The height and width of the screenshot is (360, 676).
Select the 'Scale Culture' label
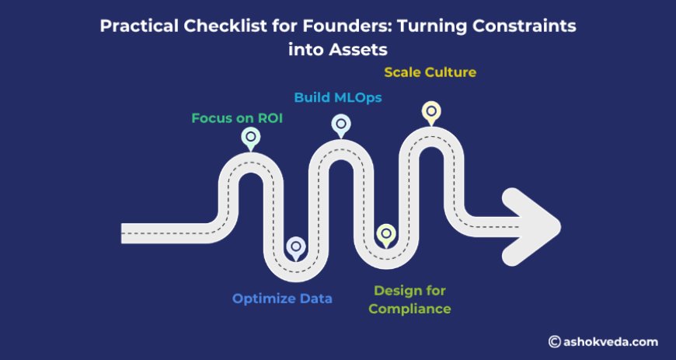(x=430, y=72)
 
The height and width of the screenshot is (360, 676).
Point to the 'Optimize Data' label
(x=282, y=298)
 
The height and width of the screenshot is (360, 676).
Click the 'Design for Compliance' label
(x=409, y=299)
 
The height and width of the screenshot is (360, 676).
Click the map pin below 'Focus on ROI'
(x=250, y=138)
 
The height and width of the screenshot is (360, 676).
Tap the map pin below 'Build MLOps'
(x=340, y=124)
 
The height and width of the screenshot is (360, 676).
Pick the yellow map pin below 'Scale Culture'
(x=430, y=111)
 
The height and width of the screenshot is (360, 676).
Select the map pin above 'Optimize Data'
(x=296, y=247)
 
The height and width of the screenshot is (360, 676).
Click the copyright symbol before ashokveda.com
(x=554, y=341)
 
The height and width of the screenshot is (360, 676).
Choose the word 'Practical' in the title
(x=136, y=26)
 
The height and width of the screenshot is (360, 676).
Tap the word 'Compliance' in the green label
(x=409, y=309)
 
